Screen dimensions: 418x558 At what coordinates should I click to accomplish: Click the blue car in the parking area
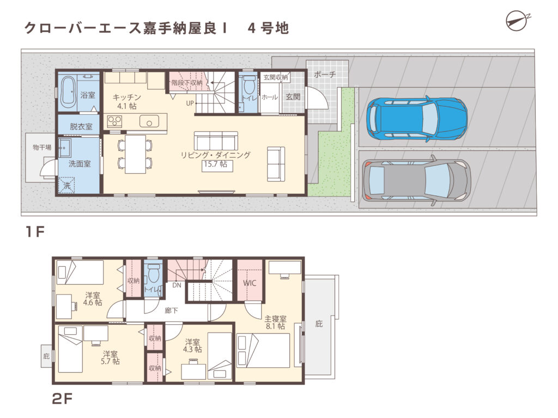[417, 119]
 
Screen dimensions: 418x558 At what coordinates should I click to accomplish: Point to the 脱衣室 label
[81, 126]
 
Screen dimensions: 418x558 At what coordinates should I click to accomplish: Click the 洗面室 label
[80, 163]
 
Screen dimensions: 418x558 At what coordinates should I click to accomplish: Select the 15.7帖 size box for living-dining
[216, 165]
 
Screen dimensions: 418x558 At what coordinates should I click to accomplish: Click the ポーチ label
[325, 75]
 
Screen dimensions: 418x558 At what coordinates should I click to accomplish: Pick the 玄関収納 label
[276, 78]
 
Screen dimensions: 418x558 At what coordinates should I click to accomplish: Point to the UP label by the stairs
[190, 102]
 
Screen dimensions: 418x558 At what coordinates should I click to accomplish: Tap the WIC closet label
[250, 284]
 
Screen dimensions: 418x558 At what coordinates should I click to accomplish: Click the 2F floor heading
[62, 399]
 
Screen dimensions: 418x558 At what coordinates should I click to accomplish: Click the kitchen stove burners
[114, 120]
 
